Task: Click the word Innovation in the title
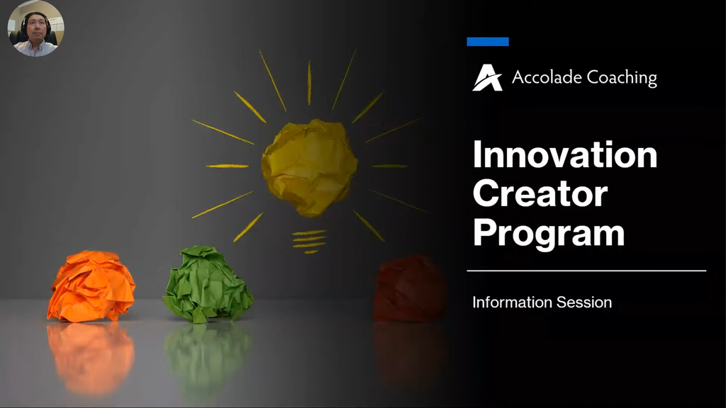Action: tap(565, 154)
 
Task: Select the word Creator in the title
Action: tap(540, 193)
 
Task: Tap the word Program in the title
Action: tap(549, 234)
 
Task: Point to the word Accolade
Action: tap(547, 77)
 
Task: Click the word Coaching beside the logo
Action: tap(621, 78)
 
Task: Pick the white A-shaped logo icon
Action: tap(487, 77)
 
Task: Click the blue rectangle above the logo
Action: tap(488, 42)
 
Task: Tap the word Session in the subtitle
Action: tap(584, 302)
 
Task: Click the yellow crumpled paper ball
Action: tap(309, 167)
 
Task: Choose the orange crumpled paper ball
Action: tap(91, 286)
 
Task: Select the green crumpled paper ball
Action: tap(208, 285)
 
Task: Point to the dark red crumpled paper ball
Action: tap(409, 289)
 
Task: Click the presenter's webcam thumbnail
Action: tap(35, 28)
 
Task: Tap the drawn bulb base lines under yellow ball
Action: tap(309, 242)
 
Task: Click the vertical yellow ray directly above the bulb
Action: tap(309, 82)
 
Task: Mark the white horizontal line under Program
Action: tap(586, 271)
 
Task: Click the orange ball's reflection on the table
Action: tap(91, 358)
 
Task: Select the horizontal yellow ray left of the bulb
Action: tap(228, 166)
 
